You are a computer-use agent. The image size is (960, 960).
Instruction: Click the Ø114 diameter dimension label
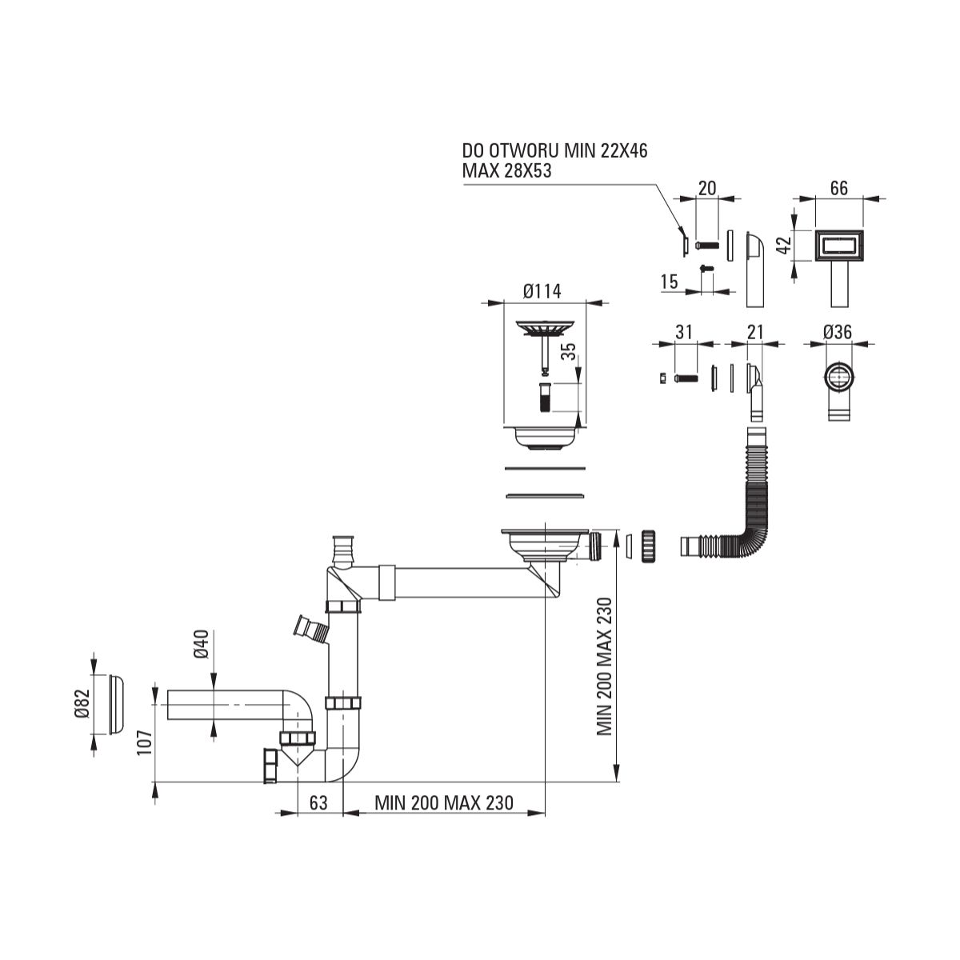(542, 291)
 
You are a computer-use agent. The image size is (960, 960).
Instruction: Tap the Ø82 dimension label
(82, 703)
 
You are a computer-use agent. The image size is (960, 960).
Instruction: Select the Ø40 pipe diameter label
(202, 644)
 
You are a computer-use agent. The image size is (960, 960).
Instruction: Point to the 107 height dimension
(145, 742)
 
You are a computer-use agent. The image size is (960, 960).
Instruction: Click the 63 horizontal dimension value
(318, 817)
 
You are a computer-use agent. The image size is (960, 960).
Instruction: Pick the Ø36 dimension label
(838, 332)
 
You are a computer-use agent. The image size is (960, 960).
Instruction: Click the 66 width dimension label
(839, 188)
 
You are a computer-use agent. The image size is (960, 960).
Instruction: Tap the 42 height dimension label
(784, 245)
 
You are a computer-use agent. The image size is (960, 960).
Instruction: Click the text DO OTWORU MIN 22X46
(555, 150)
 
